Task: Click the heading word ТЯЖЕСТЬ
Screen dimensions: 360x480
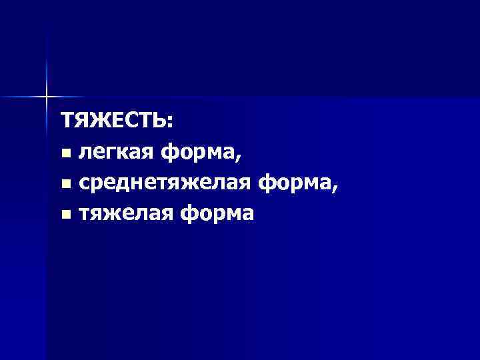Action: [115, 122]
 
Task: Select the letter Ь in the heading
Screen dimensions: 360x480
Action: [160, 122]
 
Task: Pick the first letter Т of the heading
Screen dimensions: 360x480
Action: [67, 122]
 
